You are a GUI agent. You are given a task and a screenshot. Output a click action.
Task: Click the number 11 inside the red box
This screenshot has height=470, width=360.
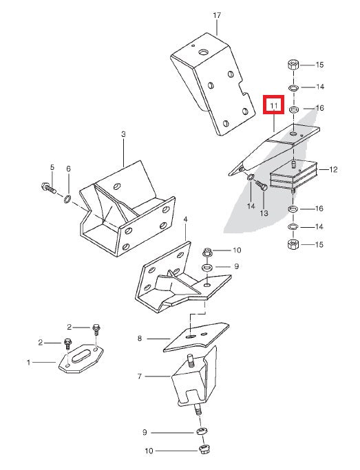[274, 106]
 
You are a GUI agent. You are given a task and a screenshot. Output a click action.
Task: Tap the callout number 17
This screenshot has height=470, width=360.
[217, 14]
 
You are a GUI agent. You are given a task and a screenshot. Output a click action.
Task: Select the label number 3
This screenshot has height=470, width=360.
[123, 134]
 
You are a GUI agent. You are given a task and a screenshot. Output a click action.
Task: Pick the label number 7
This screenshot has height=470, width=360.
[140, 376]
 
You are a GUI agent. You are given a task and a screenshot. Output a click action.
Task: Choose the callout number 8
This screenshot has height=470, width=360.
[140, 338]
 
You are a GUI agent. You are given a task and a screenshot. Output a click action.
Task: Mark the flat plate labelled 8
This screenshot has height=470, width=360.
[196, 337]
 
